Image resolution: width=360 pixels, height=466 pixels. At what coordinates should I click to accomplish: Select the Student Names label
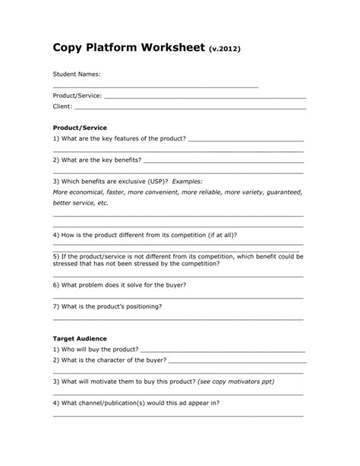tap(76, 74)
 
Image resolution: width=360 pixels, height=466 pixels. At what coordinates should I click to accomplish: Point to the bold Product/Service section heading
tap(80, 128)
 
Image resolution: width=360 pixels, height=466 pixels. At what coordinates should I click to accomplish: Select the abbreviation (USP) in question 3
tap(158, 182)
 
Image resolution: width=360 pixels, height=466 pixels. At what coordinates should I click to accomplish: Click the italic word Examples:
tap(188, 182)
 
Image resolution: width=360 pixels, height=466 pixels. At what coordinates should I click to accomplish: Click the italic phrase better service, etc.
tap(81, 204)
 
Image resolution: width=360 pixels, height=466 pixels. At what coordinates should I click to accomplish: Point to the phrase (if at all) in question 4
tap(223, 236)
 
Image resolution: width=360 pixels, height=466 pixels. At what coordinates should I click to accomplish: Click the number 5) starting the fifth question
tap(56, 257)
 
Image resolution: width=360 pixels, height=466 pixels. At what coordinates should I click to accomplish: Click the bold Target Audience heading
tap(80, 338)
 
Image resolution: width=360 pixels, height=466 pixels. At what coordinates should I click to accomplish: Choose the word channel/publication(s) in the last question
tap(124, 402)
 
